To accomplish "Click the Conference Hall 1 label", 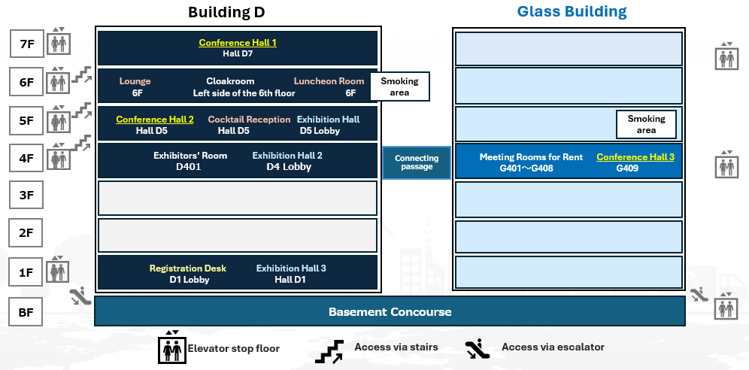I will pyautogui.click(x=238, y=43).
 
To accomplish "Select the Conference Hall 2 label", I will pyautogui.click(x=155, y=120).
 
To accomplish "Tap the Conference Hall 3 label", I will pyautogui.click(x=635, y=157).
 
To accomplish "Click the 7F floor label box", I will pyautogui.click(x=26, y=44).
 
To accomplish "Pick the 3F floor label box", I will pyautogui.click(x=26, y=196).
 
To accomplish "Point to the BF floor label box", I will pyautogui.click(x=26, y=311).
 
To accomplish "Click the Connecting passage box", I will pyautogui.click(x=417, y=162).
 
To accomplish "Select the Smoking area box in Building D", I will pyautogui.click(x=399, y=86).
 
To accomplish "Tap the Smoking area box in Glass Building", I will pyautogui.click(x=646, y=124).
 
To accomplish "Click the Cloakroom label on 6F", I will pyautogui.click(x=230, y=81).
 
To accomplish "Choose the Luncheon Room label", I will pyautogui.click(x=329, y=81).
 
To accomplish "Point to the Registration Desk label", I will pyautogui.click(x=187, y=268).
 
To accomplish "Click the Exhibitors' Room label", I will pyautogui.click(x=190, y=156).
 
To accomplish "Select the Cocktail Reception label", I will pyautogui.click(x=249, y=120).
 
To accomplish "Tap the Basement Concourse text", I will pyautogui.click(x=390, y=311).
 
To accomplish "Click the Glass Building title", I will pyautogui.click(x=572, y=12).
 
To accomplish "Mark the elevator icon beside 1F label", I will pyautogui.click(x=58, y=269).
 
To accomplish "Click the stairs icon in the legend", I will pyautogui.click(x=329, y=350).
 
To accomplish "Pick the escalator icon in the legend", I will pyautogui.click(x=476, y=349).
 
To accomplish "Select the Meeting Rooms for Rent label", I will pyautogui.click(x=531, y=157).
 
